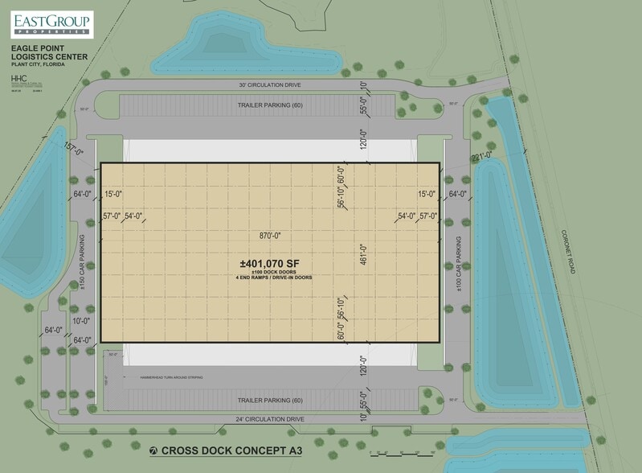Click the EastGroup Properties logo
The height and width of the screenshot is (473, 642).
(51, 24)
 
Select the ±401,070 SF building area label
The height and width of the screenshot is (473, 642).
(274, 263)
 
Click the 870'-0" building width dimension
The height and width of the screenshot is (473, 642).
(271, 236)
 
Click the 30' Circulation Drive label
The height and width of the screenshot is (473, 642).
(270, 84)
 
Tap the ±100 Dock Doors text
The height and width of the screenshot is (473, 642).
(274, 272)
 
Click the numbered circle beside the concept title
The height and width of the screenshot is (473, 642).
(154, 450)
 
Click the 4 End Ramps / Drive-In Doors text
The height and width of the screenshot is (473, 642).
(274, 278)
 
